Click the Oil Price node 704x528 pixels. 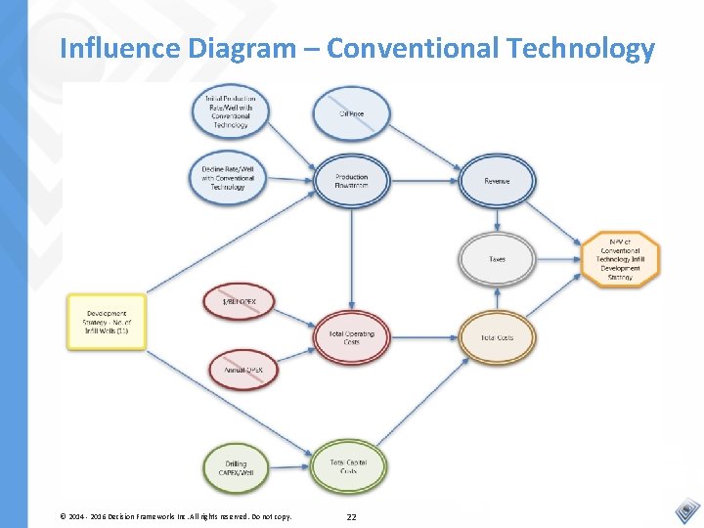click(x=352, y=114)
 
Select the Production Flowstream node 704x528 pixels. click(x=352, y=181)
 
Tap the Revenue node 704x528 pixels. click(x=497, y=181)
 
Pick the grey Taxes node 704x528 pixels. click(x=497, y=259)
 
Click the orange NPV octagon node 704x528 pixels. click(x=621, y=258)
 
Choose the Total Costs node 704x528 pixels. click(x=497, y=338)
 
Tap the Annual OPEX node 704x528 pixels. click(x=244, y=370)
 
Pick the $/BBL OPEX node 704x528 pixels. click(x=240, y=303)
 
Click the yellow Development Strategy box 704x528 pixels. click(x=107, y=322)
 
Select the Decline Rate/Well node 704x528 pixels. click(x=228, y=178)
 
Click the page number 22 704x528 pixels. click(x=351, y=515)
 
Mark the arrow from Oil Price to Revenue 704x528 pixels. click(x=425, y=148)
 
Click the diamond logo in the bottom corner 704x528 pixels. click(x=686, y=509)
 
